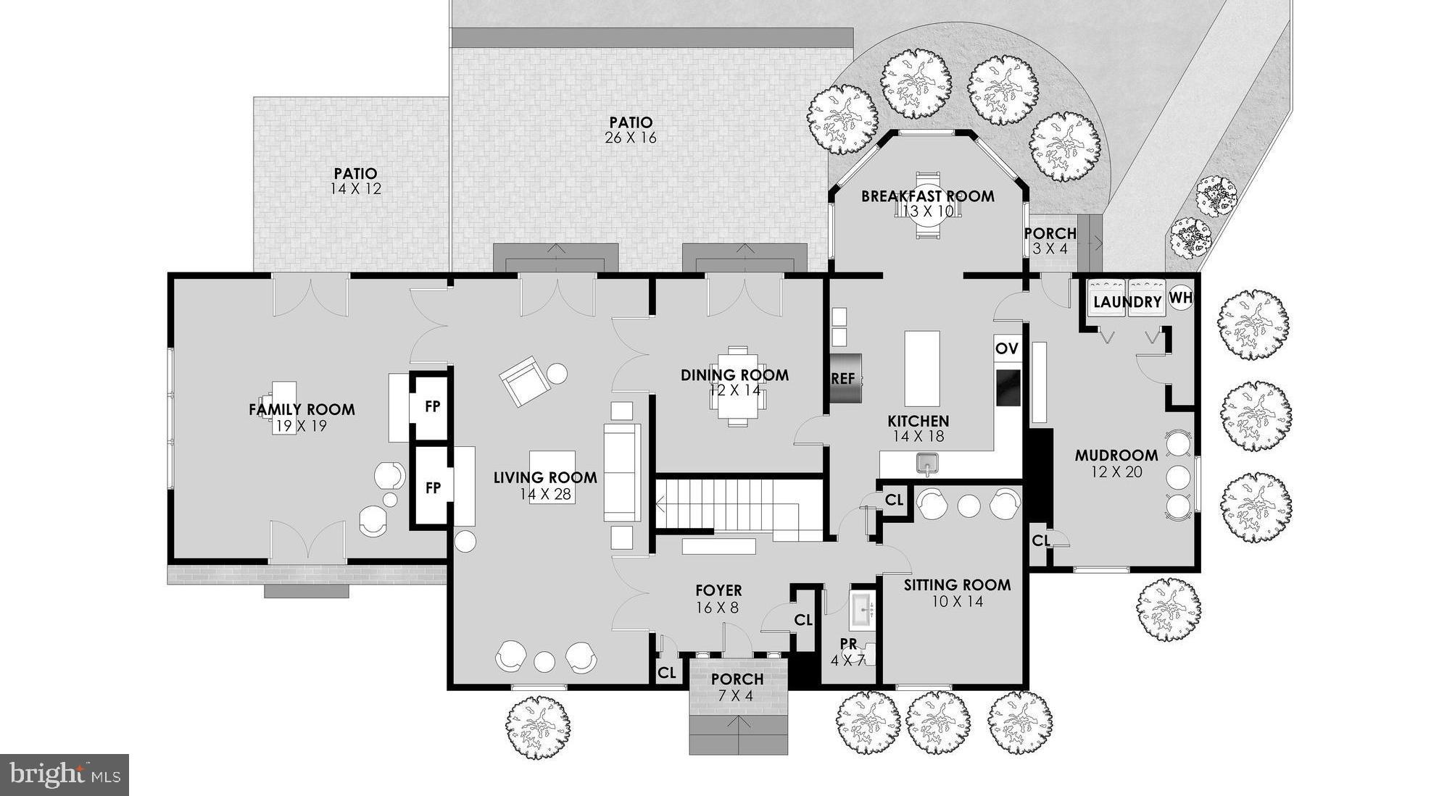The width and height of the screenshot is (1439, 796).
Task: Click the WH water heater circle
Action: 1180,298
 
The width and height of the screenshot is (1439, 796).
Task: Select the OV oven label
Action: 1007,348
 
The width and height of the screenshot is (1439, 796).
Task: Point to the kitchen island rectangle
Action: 921,368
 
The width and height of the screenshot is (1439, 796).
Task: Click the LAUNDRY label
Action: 1127,302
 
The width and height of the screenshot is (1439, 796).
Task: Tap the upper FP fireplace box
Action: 432,406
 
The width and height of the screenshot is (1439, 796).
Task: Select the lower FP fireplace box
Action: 432,487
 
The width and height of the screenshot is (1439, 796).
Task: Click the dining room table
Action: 738,386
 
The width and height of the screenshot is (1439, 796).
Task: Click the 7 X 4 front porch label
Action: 737,687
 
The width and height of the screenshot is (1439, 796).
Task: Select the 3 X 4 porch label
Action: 1050,241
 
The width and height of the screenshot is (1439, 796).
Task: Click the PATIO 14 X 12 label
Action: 355,181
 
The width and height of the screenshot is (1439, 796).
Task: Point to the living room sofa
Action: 622,472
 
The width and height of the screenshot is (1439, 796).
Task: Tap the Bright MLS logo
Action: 64,775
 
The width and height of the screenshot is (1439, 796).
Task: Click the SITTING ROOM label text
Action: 957,585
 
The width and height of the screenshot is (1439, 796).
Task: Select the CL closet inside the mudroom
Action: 1040,541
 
